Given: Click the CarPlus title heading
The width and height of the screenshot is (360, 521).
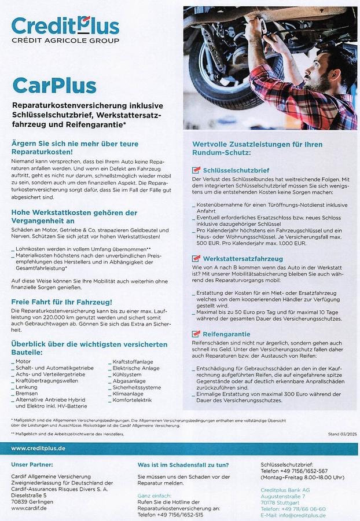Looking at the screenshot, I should [54, 86].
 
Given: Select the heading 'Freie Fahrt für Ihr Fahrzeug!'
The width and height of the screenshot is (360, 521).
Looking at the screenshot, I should [61, 302].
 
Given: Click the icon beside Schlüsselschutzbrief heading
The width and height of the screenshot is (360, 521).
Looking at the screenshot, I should [196, 170].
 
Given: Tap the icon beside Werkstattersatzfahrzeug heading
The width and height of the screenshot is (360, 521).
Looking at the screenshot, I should [196, 258].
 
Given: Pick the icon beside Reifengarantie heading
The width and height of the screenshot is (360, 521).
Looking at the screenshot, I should [196, 334].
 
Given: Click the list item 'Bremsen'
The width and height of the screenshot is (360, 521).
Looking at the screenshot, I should [27, 393].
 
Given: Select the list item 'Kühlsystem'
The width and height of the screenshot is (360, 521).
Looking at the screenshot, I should [127, 374].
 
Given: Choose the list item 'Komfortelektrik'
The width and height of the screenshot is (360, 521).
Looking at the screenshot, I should [132, 400].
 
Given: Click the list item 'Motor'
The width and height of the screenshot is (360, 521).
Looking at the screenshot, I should [23, 361].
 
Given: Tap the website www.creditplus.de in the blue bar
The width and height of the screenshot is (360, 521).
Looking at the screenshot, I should [38, 448].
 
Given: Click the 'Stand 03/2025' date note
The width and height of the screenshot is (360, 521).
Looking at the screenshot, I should [341, 434].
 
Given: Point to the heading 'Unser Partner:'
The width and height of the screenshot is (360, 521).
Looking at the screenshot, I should [32, 464].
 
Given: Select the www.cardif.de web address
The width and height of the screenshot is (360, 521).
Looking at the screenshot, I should [30, 508].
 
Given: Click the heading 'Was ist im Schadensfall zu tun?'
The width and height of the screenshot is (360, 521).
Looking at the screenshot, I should [183, 464].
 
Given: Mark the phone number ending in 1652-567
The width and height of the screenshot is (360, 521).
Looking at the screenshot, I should [298, 471].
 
